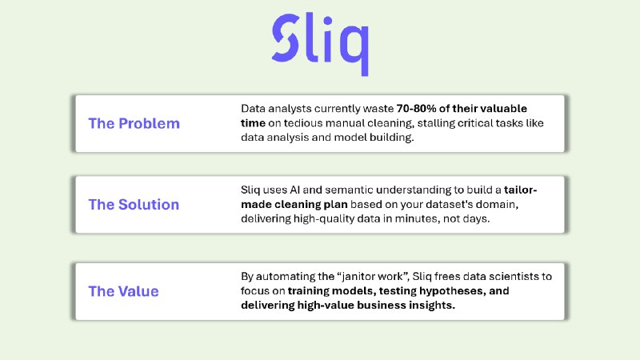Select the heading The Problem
[134, 123]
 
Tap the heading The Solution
[134, 204]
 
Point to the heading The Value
[123, 291]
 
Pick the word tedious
[294, 123]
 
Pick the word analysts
[295, 108]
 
